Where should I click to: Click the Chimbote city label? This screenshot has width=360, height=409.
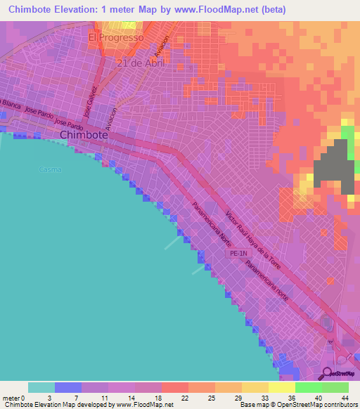tap(83, 135)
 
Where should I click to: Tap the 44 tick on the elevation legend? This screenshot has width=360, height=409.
tap(345, 398)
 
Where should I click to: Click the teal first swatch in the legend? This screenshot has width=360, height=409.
tap(41, 387)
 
